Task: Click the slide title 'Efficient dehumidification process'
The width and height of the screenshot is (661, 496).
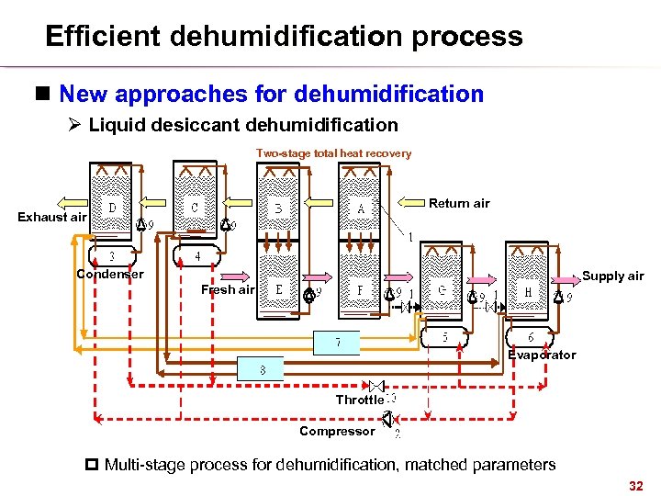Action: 284,37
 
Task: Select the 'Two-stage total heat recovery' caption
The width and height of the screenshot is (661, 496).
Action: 333,153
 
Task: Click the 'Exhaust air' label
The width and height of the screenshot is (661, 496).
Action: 52,217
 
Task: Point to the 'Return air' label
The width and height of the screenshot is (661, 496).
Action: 459,203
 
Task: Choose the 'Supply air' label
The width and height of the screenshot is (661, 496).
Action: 613,276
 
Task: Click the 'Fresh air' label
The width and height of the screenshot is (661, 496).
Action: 228,289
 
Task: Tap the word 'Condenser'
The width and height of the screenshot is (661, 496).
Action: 110,274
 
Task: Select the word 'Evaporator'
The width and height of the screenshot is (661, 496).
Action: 542,355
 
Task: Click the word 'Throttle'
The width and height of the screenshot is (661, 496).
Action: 359,400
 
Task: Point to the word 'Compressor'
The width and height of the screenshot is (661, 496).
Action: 337,431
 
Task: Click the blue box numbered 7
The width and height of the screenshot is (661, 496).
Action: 337,343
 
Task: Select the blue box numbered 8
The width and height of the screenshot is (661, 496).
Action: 262,370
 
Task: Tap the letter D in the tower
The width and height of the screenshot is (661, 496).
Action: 112,209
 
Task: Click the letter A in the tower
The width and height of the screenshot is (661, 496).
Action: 361,209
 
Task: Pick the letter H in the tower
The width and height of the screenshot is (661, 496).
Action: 528,292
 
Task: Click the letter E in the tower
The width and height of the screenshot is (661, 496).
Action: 279,288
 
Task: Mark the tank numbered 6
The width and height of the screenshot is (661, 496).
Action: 531,337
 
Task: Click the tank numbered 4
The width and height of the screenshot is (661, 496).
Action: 196,256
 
